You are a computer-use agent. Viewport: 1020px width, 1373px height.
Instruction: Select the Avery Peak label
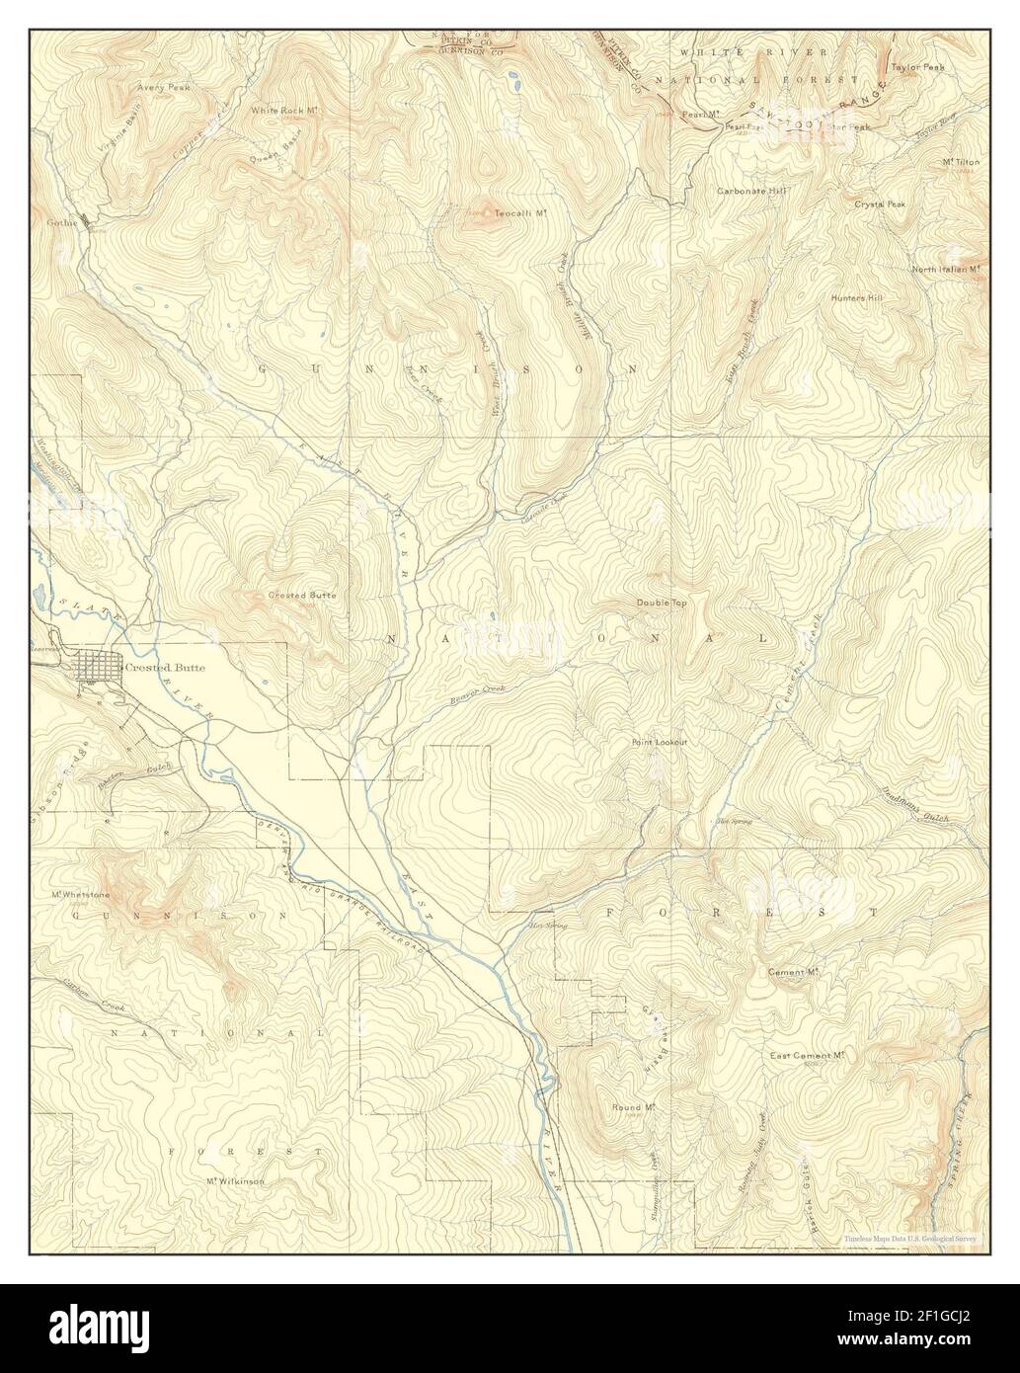[164, 87]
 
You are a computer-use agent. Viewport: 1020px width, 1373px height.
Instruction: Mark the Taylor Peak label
[918, 68]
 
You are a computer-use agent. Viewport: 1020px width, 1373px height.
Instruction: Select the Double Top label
[661, 603]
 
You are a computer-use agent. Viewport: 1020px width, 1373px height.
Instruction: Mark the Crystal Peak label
[880, 203]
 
